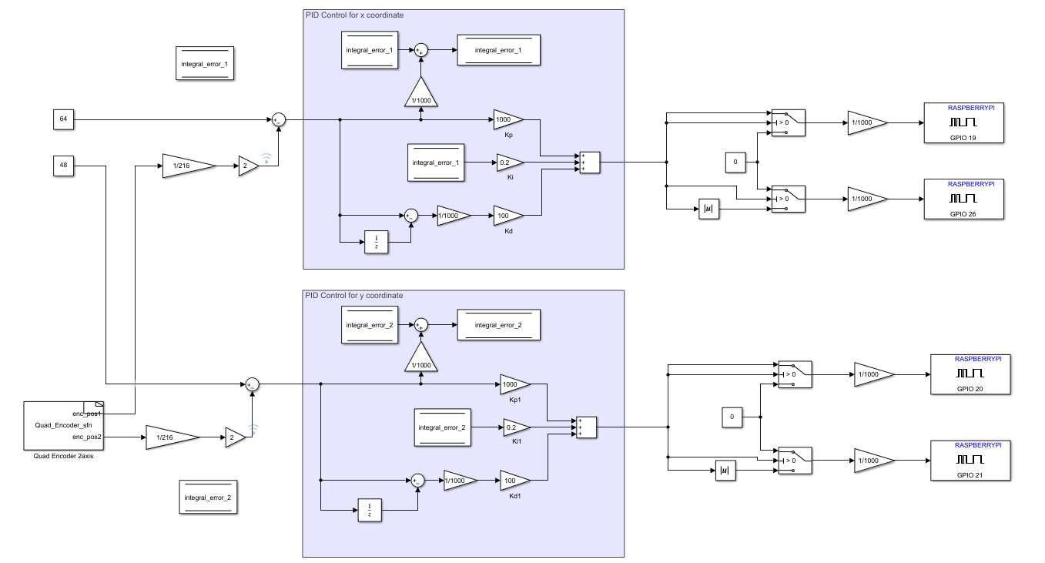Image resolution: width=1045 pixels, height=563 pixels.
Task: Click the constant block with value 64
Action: click(64, 119)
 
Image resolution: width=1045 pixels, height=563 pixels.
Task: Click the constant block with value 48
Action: click(64, 165)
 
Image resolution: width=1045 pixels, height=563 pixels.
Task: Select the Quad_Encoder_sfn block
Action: click(63, 425)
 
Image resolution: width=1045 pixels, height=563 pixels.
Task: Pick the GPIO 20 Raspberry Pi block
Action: click(970, 374)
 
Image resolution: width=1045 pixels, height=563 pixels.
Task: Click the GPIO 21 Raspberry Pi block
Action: click(970, 460)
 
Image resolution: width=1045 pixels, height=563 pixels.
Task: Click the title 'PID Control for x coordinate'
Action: click(354, 15)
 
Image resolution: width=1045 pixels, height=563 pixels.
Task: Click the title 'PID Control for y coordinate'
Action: click(354, 295)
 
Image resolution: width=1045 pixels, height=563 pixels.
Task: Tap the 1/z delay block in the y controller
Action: click(370, 510)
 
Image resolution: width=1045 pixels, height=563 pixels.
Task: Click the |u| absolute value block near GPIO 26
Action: click(708, 209)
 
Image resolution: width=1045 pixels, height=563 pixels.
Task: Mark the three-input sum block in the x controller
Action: click(589, 163)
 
